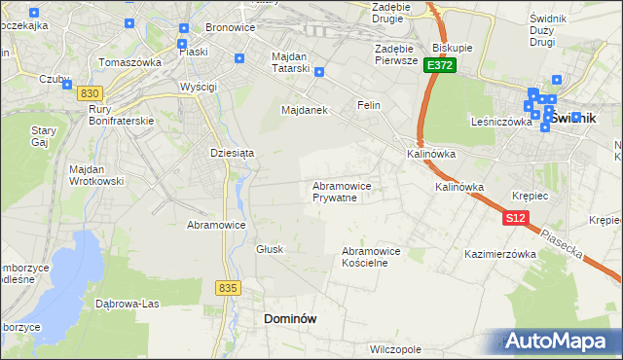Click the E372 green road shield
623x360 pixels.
click(439, 64)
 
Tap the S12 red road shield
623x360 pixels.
click(516, 219)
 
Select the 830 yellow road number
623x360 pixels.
click(90, 91)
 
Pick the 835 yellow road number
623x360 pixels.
click(228, 287)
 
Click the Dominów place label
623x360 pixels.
click(291, 318)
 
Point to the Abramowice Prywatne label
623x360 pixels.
click(342, 191)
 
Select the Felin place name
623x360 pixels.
click(368, 104)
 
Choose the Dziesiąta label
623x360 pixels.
click(232, 152)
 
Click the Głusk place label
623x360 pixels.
click(270, 249)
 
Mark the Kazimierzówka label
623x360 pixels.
click(501, 254)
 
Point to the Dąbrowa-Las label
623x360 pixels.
click(128, 303)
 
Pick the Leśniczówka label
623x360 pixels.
click(499, 123)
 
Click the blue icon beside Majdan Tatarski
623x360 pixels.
click(318, 71)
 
